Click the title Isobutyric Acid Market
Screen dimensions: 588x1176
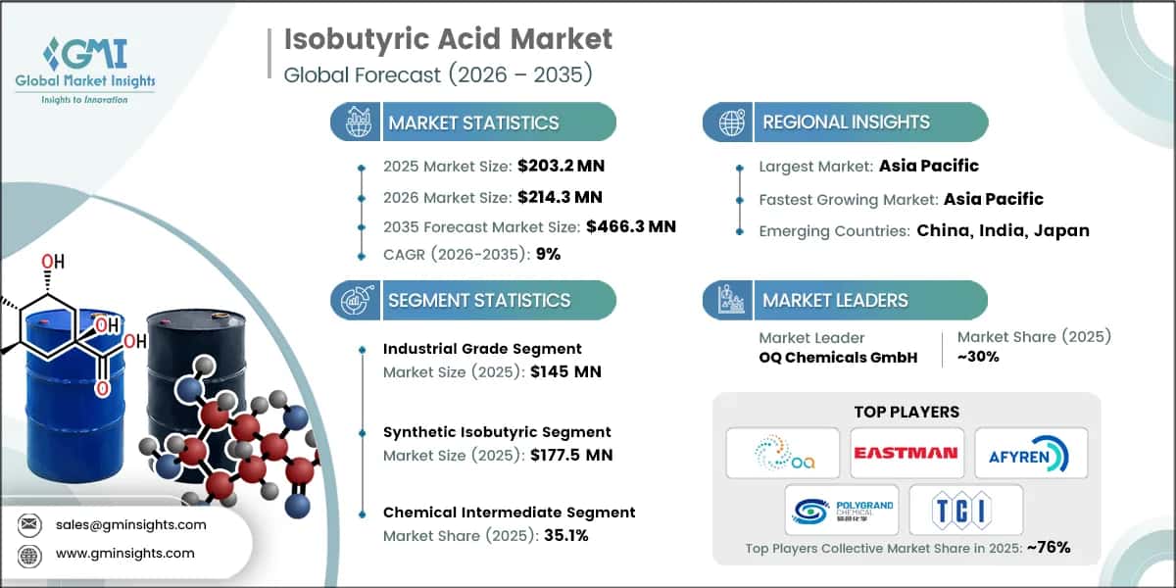pos(448,39)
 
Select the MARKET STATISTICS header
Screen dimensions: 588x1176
pos(473,122)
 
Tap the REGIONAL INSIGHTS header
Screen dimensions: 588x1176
pos(846,122)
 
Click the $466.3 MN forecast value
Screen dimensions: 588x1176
pos(630,226)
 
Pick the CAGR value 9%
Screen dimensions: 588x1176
pos(547,255)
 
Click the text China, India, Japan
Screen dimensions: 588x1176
pos(1003,231)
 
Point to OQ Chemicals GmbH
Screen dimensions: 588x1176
pos(838,357)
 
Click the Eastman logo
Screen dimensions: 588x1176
pos(906,453)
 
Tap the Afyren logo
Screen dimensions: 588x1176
pos(1030,453)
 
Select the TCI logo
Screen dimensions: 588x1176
pos(965,510)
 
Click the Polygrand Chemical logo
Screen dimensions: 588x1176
pos(842,510)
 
